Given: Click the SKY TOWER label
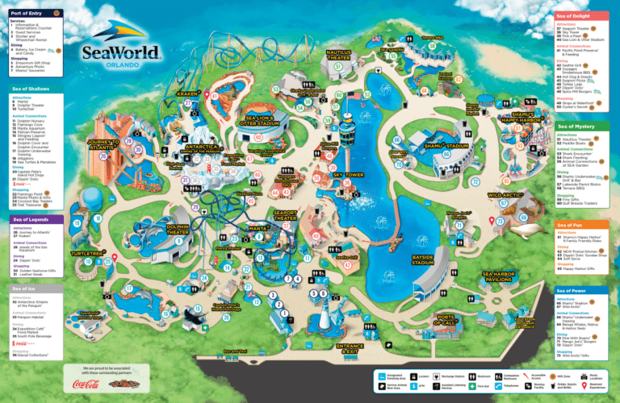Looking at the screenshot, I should coord(349,174).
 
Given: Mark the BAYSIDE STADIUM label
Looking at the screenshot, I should coord(422,260).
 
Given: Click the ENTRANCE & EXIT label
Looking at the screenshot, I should coord(349,348).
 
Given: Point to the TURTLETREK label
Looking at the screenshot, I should coord(85,254).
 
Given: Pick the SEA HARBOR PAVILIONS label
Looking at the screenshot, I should coord(498,276).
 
